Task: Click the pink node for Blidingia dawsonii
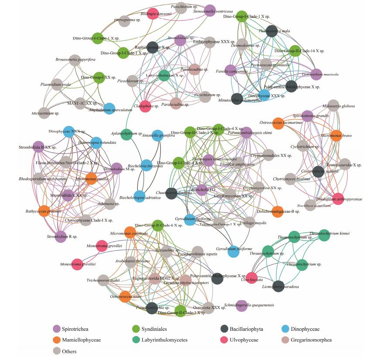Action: (153, 14)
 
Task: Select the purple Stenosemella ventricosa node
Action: (210, 11)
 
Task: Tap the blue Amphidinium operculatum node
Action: (109, 109)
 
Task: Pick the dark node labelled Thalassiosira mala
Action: (272, 31)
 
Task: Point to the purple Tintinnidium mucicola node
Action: (316, 75)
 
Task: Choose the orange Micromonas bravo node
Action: (336, 136)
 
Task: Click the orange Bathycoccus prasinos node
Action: (44, 211)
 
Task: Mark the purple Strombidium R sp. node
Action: (61, 237)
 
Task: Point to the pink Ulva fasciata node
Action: (252, 278)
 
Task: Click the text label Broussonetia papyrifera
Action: (75, 59)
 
